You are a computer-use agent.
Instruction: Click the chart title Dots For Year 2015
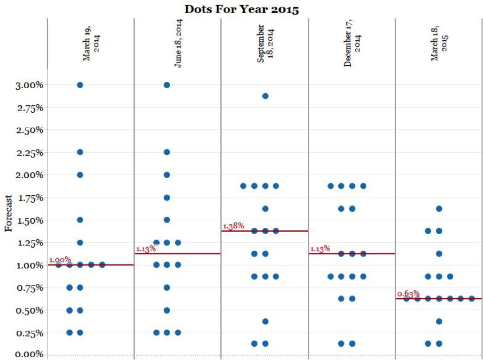241,9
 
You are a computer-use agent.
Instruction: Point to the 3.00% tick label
29,85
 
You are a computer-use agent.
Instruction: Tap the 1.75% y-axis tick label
29,197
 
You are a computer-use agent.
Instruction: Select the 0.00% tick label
29,354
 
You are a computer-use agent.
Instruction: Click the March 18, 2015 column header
439,43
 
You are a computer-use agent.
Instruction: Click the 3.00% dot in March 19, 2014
80,85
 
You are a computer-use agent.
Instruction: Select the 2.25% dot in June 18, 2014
167,152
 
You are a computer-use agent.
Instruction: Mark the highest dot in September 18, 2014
265,96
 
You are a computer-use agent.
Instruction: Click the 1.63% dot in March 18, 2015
439,208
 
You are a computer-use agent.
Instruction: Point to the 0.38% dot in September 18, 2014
265,321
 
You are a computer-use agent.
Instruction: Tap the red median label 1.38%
233,226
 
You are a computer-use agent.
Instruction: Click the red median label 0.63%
408,294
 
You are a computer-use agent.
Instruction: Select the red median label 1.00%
60,260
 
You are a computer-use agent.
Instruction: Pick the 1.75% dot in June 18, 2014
167,197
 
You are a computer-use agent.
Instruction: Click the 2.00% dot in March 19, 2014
80,175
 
